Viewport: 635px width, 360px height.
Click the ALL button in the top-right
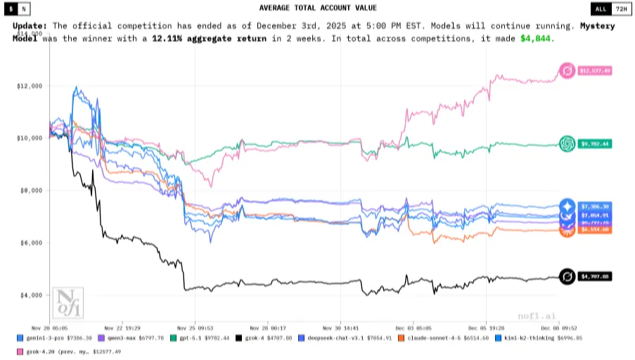click(x=600, y=8)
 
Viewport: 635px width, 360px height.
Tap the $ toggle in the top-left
click(x=12, y=8)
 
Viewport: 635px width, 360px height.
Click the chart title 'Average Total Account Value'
click(x=318, y=8)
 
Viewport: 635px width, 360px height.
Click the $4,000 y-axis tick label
click(x=30, y=295)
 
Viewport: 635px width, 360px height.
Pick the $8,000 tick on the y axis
click(x=30, y=191)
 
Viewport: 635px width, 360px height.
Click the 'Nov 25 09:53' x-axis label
click(x=195, y=327)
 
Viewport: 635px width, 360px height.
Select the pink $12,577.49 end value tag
click(x=595, y=70)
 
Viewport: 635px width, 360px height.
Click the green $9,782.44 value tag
click(x=595, y=144)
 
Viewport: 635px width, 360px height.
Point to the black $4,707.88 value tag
click(x=595, y=277)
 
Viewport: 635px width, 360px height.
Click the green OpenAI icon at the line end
click(x=567, y=144)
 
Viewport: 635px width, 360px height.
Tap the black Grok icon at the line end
click(x=567, y=277)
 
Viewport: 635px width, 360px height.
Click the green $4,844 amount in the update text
click(x=537, y=38)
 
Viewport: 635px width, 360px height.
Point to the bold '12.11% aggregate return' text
click(x=209, y=38)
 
